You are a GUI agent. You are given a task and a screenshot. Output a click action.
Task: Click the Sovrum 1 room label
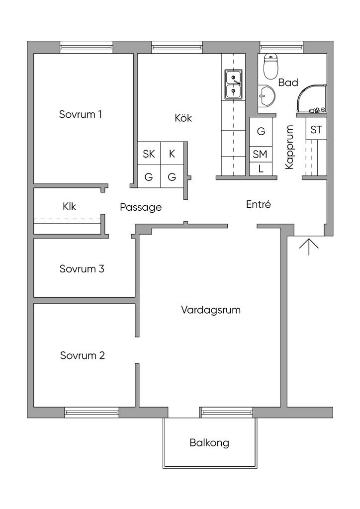pos(81,114)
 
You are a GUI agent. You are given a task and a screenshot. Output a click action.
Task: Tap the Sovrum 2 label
pos(83,356)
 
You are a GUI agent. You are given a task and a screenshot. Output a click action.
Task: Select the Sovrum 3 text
pos(82,269)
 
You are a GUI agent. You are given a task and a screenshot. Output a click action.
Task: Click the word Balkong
pos(209,442)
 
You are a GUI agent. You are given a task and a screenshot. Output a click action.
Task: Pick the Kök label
pos(183,118)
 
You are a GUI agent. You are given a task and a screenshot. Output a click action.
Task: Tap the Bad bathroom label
pos(288,83)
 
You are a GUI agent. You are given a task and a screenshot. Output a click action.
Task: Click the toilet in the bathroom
pos(270,67)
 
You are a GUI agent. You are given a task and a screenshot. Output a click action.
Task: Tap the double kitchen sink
pos(233,85)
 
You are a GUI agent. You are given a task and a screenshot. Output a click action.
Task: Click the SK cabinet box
pos(149,154)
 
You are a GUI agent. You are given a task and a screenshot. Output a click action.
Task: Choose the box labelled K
pos(172,154)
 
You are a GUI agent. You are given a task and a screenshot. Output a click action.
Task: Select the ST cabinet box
pos(316,130)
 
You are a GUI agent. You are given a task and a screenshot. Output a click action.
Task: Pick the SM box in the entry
pos(260,155)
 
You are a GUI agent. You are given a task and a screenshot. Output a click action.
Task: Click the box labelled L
pos(260,169)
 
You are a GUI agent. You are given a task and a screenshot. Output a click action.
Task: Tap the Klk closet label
pos(70,206)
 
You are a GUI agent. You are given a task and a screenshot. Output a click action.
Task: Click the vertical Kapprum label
pos(290,147)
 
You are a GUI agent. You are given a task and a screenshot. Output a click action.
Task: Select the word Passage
pos(141,207)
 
